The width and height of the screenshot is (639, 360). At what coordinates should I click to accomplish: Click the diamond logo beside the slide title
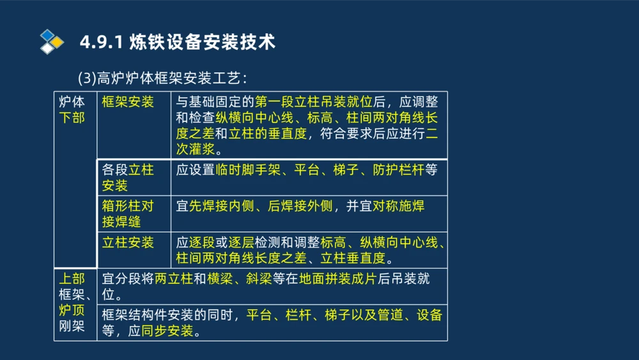[x=52, y=42]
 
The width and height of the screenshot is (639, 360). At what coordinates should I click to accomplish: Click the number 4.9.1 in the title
[x=101, y=43]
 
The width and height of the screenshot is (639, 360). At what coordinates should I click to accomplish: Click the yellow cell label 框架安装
[x=128, y=102]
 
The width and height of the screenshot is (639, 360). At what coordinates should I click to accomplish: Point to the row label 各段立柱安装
[x=128, y=178]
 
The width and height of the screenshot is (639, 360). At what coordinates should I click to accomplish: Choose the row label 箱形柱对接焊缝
[x=128, y=214]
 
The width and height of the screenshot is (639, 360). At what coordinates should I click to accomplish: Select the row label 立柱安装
[x=128, y=243]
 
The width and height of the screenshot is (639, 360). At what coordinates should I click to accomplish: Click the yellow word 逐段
[x=202, y=243]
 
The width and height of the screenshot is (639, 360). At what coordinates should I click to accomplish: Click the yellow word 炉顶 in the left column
[x=72, y=310]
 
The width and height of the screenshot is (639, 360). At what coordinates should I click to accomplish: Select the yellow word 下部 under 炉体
[x=72, y=118]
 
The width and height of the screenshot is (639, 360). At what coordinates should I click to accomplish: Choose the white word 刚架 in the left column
[x=72, y=326]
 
